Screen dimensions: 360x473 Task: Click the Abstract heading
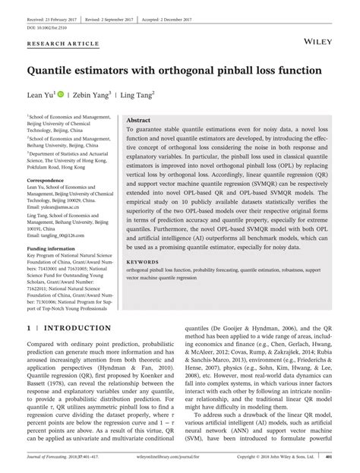pos(138,121)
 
